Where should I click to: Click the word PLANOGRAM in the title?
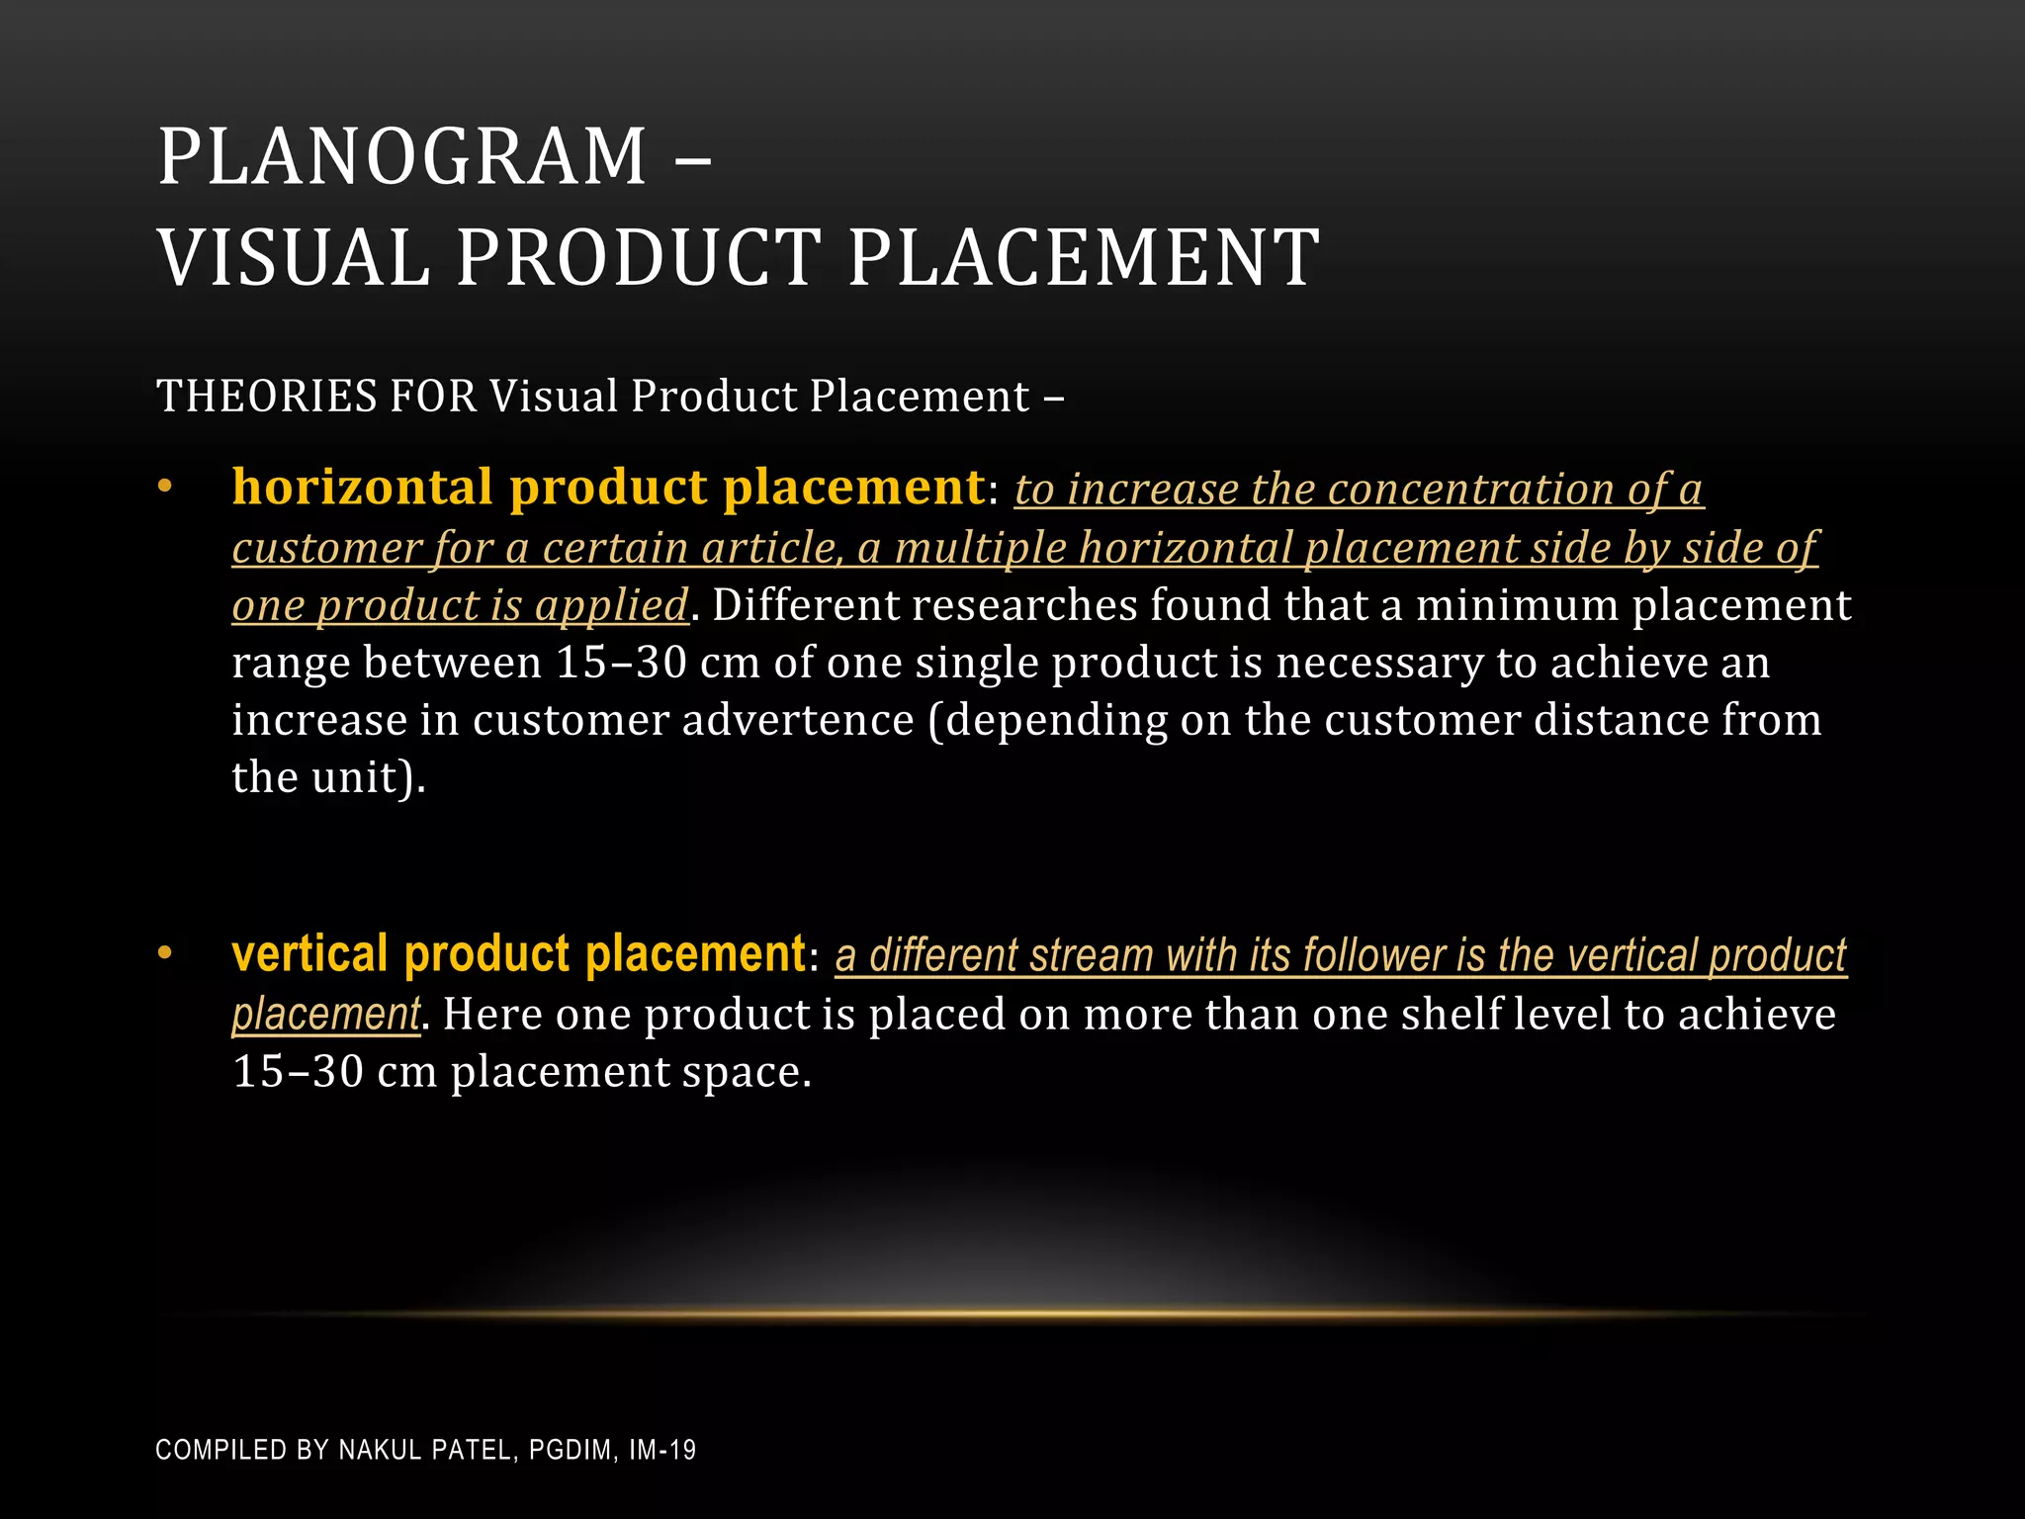tap(401, 158)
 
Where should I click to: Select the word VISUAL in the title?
tap(294, 258)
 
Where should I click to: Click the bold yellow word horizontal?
tap(362, 488)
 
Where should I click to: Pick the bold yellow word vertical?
tap(309, 955)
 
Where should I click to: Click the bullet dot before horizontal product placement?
tap(165, 488)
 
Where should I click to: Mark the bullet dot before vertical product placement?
tap(165, 954)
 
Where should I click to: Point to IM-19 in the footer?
tap(662, 1451)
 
